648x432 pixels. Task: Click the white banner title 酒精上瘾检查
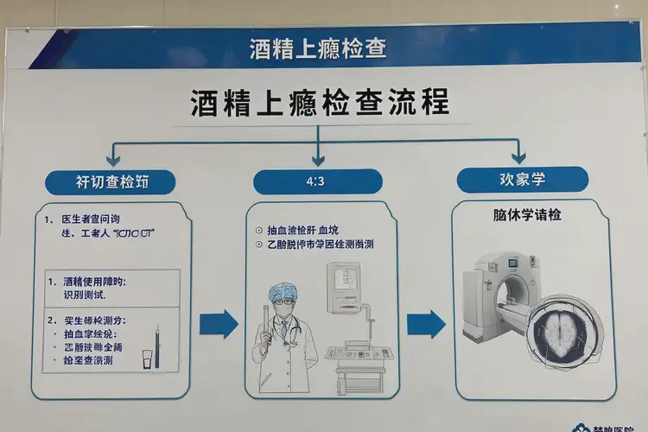[317, 48]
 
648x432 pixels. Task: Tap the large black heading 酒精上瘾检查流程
[320, 103]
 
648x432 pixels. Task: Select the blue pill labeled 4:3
[317, 181]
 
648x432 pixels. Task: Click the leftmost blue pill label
[110, 181]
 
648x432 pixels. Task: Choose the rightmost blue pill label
[522, 180]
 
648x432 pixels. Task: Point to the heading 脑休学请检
[521, 214]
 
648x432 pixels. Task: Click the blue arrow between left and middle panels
[218, 324]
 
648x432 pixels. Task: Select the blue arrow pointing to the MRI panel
[425, 324]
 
